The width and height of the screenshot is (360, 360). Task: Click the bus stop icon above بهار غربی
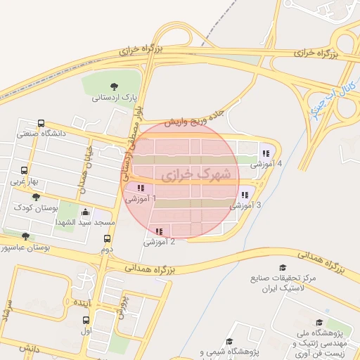25,170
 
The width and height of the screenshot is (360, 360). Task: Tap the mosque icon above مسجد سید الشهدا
85,212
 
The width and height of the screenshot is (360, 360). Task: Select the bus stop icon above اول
86,319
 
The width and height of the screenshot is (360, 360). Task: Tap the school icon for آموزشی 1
141,188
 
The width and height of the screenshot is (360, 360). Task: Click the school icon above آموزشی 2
159,231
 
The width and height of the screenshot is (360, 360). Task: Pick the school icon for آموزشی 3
244,195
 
